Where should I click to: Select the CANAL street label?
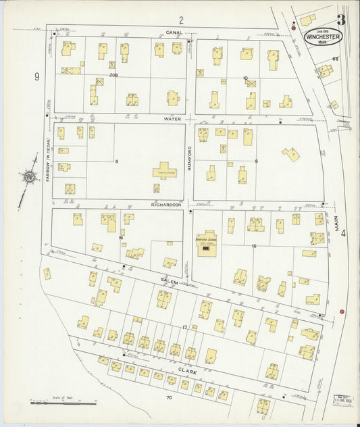click(174, 32)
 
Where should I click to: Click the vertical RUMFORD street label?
click(190, 158)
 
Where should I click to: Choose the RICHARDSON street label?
click(167, 204)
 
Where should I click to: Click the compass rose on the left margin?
click(29, 178)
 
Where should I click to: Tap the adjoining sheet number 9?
click(37, 76)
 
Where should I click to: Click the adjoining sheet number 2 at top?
click(181, 19)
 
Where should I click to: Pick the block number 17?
click(184, 327)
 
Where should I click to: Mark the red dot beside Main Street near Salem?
click(342, 311)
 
